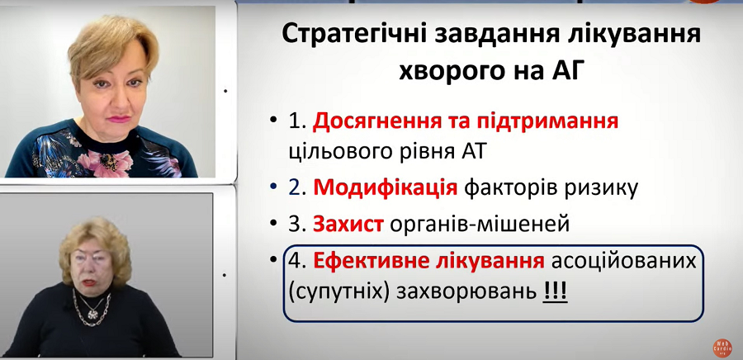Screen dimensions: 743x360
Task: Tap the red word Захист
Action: point(348,225)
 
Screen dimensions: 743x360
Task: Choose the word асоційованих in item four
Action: point(623,262)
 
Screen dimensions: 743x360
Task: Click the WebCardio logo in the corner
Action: point(722,348)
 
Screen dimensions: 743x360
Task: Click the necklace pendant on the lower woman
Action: point(92,313)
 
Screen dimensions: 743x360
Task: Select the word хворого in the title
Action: point(443,73)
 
